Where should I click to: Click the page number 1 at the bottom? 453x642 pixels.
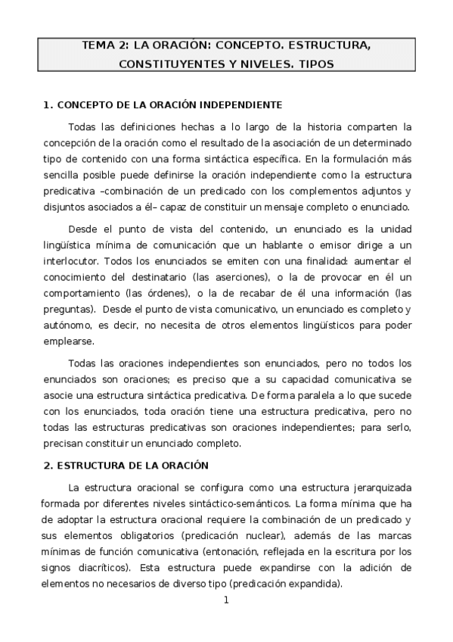(x=225, y=600)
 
